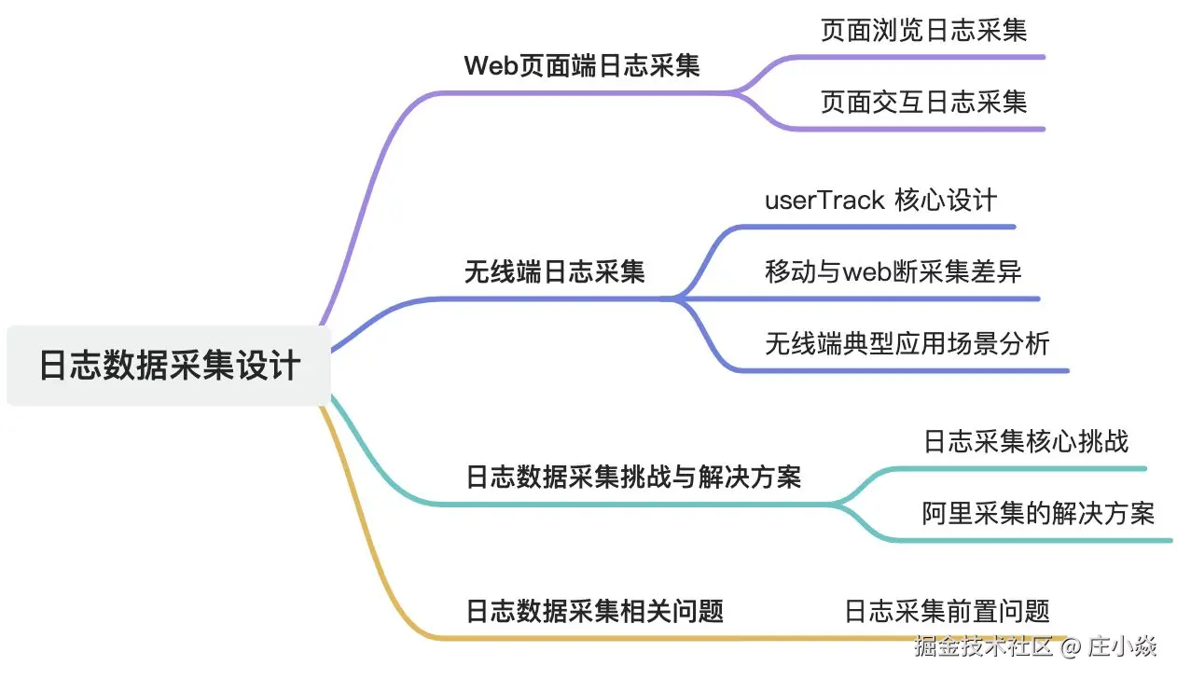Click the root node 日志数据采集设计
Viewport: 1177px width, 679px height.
click(169, 365)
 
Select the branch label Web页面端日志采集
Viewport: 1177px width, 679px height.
click(582, 66)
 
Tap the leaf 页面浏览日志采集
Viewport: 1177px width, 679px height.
click(923, 31)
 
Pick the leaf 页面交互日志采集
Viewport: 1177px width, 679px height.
click(923, 102)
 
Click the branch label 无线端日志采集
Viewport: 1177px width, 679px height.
click(554, 272)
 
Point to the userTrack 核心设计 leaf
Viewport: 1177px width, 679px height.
click(880, 201)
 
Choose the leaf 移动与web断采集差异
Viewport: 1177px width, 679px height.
click(893, 272)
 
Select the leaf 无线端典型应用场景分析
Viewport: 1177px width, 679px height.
click(907, 344)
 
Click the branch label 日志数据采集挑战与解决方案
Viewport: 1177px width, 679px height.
click(633, 478)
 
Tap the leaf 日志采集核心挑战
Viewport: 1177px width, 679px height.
click(1025, 441)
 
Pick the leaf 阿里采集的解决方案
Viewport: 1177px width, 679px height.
click(1038, 513)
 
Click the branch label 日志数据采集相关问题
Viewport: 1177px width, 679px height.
click(594, 612)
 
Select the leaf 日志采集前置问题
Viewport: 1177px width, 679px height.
click(947, 612)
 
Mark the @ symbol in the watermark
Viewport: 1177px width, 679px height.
click(1070, 645)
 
